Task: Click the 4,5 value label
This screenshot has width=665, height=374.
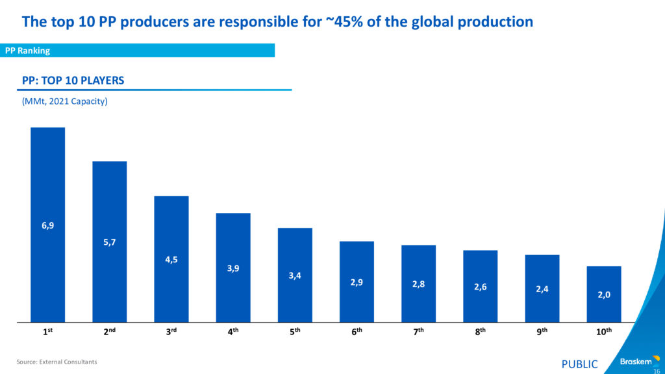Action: point(171,260)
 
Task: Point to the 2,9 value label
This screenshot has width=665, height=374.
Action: point(357,282)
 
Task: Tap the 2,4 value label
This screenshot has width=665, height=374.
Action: point(542,289)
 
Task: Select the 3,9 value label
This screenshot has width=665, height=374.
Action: point(233,268)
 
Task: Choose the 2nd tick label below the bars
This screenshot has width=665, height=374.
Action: point(109,331)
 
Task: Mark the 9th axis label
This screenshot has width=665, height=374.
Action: point(542,331)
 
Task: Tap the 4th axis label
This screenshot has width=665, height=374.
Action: point(233,331)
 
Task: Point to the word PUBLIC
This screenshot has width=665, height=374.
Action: point(579,364)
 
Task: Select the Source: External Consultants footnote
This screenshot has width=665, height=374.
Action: point(56,362)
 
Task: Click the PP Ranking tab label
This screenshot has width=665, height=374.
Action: point(27,51)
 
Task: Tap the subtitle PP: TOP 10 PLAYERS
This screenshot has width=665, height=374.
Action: point(73,81)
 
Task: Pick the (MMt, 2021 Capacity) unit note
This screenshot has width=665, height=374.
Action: point(64,102)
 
